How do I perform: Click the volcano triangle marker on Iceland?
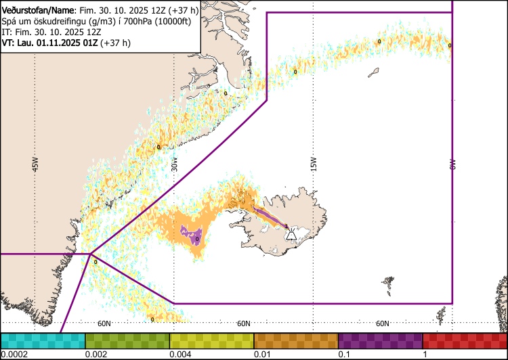tap(291, 234)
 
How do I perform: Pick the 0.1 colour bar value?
tap(343, 355)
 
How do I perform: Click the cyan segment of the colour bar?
tap(43, 340)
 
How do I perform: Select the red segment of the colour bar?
tap(465, 340)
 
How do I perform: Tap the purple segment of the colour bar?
tap(380, 340)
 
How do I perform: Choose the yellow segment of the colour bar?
tap(211, 340)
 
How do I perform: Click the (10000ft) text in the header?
tap(173, 20)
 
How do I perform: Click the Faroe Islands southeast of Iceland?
tap(388, 284)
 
